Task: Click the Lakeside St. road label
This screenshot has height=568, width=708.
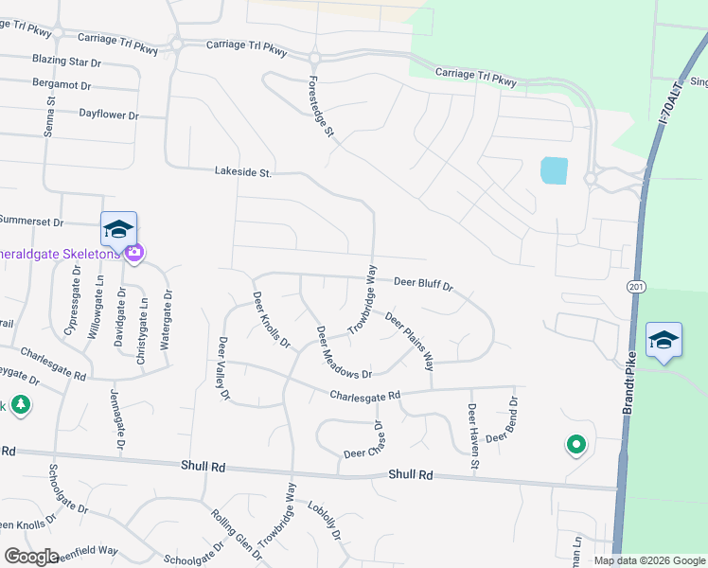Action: [x=243, y=172]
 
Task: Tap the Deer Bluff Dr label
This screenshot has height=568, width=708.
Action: [x=423, y=282]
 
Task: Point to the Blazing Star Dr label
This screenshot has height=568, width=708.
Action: [x=66, y=61]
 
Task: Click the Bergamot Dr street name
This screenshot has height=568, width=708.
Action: [x=62, y=85]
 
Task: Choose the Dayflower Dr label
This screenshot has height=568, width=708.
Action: [x=109, y=115]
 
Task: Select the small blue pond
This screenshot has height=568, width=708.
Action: [x=554, y=170]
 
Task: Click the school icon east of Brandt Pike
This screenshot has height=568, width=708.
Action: [x=664, y=339]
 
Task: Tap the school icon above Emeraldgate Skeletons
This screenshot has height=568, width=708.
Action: [x=118, y=229]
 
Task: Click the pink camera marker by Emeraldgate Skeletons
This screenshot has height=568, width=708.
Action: [x=134, y=252]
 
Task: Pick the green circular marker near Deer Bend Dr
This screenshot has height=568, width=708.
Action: [x=575, y=443]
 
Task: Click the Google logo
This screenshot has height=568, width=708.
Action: [x=31, y=556]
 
